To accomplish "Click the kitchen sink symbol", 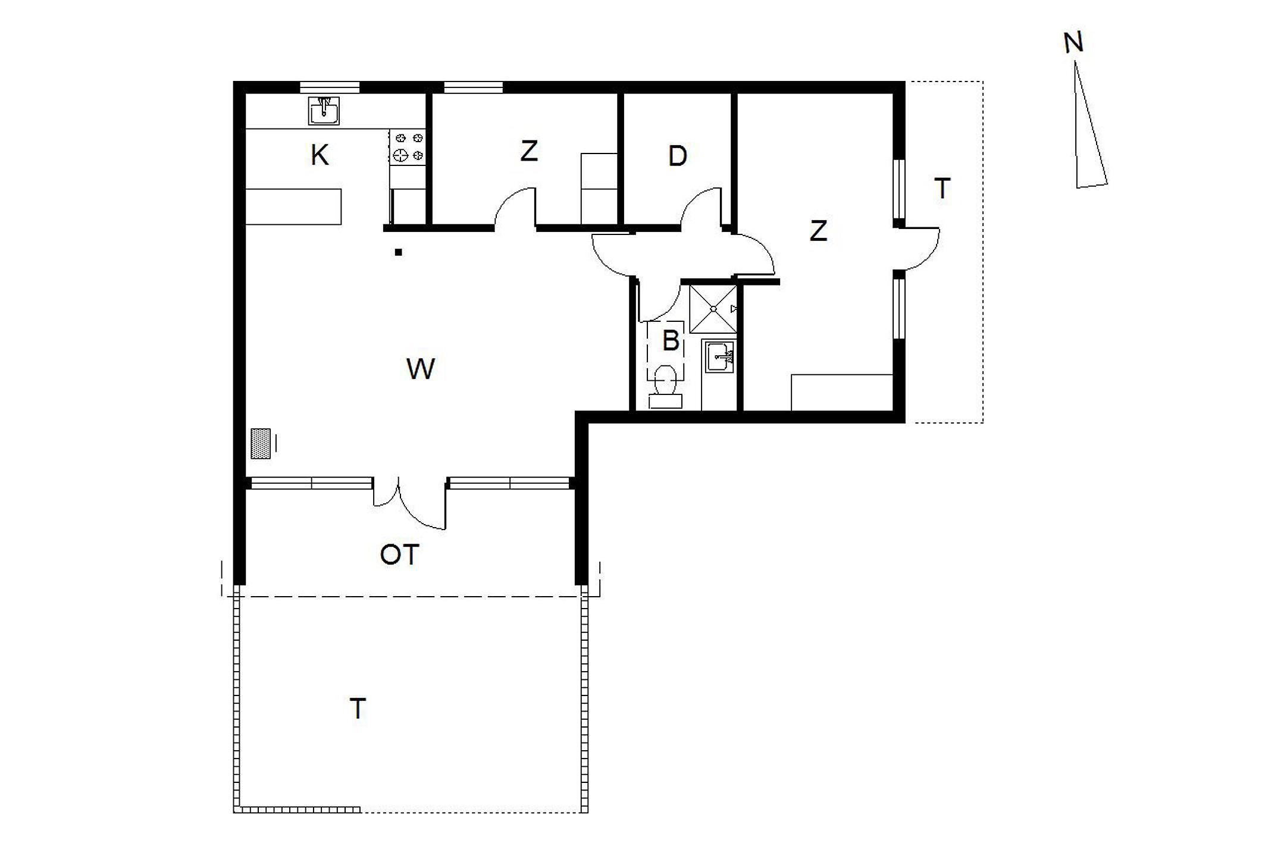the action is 324,111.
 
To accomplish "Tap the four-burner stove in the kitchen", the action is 408,147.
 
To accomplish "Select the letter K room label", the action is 320,155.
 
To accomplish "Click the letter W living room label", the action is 421,369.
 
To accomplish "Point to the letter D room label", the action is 677,156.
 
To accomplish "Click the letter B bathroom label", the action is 671,341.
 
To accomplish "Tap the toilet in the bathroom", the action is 665,387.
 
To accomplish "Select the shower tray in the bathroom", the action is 713,309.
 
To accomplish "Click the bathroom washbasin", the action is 720,356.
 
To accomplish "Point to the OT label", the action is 399,555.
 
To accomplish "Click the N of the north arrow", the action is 1073,43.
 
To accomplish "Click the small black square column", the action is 399,252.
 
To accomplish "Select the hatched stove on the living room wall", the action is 261,444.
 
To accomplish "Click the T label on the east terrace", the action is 943,189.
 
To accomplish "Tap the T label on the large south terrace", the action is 358,709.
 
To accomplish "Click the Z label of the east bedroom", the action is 819,231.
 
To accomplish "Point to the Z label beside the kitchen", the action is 529,151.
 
